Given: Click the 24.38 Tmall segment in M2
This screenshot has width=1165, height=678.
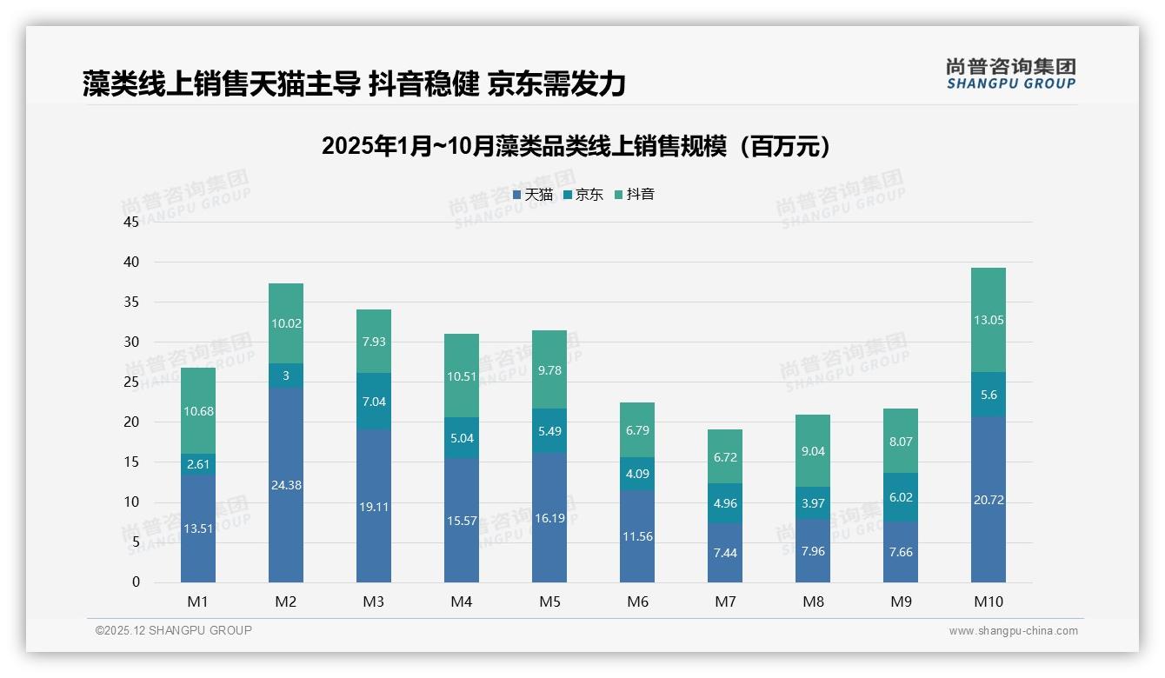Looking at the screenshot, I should pyautogui.click(x=286, y=485).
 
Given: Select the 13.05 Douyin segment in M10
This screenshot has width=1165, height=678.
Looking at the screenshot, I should pyautogui.click(x=989, y=320).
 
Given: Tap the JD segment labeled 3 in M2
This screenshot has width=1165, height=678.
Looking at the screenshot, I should pyautogui.click(x=286, y=376).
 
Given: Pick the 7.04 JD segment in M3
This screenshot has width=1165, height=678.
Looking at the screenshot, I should pyautogui.click(x=374, y=402).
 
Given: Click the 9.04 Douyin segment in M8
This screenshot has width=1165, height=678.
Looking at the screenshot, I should pyautogui.click(x=813, y=451).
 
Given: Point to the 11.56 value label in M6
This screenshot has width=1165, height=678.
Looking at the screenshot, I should pyautogui.click(x=637, y=536).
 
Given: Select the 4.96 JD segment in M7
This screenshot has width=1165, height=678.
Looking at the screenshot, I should pyautogui.click(x=725, y=502).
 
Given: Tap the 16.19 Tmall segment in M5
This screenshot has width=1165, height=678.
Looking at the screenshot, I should pyautogui.click(x=549, y=517).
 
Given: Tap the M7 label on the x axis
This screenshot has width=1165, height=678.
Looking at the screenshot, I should pyautogui.click(x=725, y=602).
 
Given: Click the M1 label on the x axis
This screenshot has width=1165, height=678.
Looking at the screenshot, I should pyautogui.click(x=197, y=602).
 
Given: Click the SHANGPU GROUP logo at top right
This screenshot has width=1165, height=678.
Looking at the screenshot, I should pyautogui.click(x=1010, y=74).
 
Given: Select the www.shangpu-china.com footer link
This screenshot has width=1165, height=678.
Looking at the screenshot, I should pyautogui.click(x=1013, y=631).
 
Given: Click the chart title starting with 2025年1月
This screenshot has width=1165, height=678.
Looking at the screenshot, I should pyautogui.click(x=576, y=146).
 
